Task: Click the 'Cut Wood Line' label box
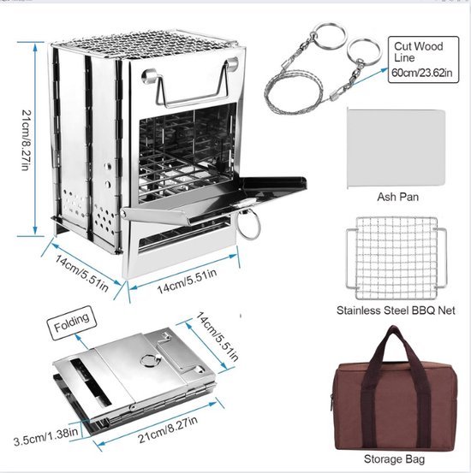(x=423, y=59)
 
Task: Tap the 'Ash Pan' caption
(x=398, y=197)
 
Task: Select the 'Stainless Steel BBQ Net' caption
(x=396, y=310)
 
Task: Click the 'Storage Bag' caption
(x=394, y=458)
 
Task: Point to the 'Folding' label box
(x=72, y=322)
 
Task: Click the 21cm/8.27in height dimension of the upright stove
(x=27, y=139)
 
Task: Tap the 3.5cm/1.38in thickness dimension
(x=45, y=435)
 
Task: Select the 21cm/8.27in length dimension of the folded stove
(x=168, y=429)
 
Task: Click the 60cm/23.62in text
(x=422, y=73)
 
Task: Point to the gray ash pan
(x=396, y=148)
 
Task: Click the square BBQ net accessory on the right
(x=396, y=258)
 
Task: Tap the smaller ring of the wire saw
(x=364, y=52)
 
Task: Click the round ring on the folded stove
(x=149, y=360)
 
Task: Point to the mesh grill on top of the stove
(x=145, y=46)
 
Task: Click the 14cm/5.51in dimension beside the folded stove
(x=217, y=337)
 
